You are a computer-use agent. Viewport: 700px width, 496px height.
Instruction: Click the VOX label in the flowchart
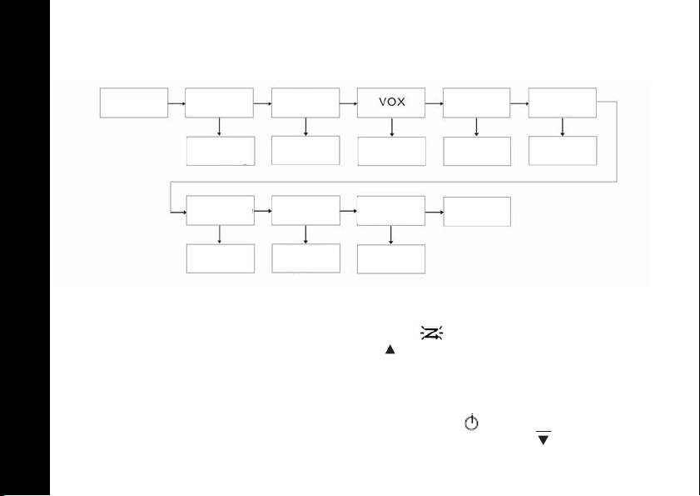391,103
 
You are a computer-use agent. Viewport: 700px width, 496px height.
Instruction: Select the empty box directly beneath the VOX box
391,151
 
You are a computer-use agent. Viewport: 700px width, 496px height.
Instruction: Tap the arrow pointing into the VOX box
348,103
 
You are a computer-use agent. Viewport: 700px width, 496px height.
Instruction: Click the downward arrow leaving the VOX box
391,127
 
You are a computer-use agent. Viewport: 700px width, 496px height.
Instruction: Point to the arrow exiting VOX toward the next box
434,103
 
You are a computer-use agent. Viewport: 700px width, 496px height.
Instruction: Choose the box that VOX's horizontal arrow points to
477,103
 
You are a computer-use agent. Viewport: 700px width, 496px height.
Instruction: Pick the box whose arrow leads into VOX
305,103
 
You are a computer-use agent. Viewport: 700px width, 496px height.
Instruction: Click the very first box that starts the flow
134,103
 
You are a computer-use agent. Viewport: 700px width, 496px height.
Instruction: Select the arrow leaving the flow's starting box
176,103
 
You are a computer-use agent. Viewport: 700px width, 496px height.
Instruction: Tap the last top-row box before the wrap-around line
563,103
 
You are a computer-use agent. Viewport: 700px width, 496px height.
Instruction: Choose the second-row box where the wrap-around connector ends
220,212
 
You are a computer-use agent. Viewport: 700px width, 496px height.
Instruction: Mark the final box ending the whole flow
477,212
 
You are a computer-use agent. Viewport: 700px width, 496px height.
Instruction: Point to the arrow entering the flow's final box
434,212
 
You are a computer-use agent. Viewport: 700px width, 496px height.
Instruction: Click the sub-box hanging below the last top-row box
563,151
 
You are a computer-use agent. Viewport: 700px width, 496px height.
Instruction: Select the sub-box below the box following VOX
477,151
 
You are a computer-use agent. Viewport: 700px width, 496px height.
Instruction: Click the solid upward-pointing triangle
389,353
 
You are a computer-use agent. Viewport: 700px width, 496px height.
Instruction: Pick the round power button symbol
471,423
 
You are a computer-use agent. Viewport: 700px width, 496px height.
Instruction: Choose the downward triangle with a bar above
544,438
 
